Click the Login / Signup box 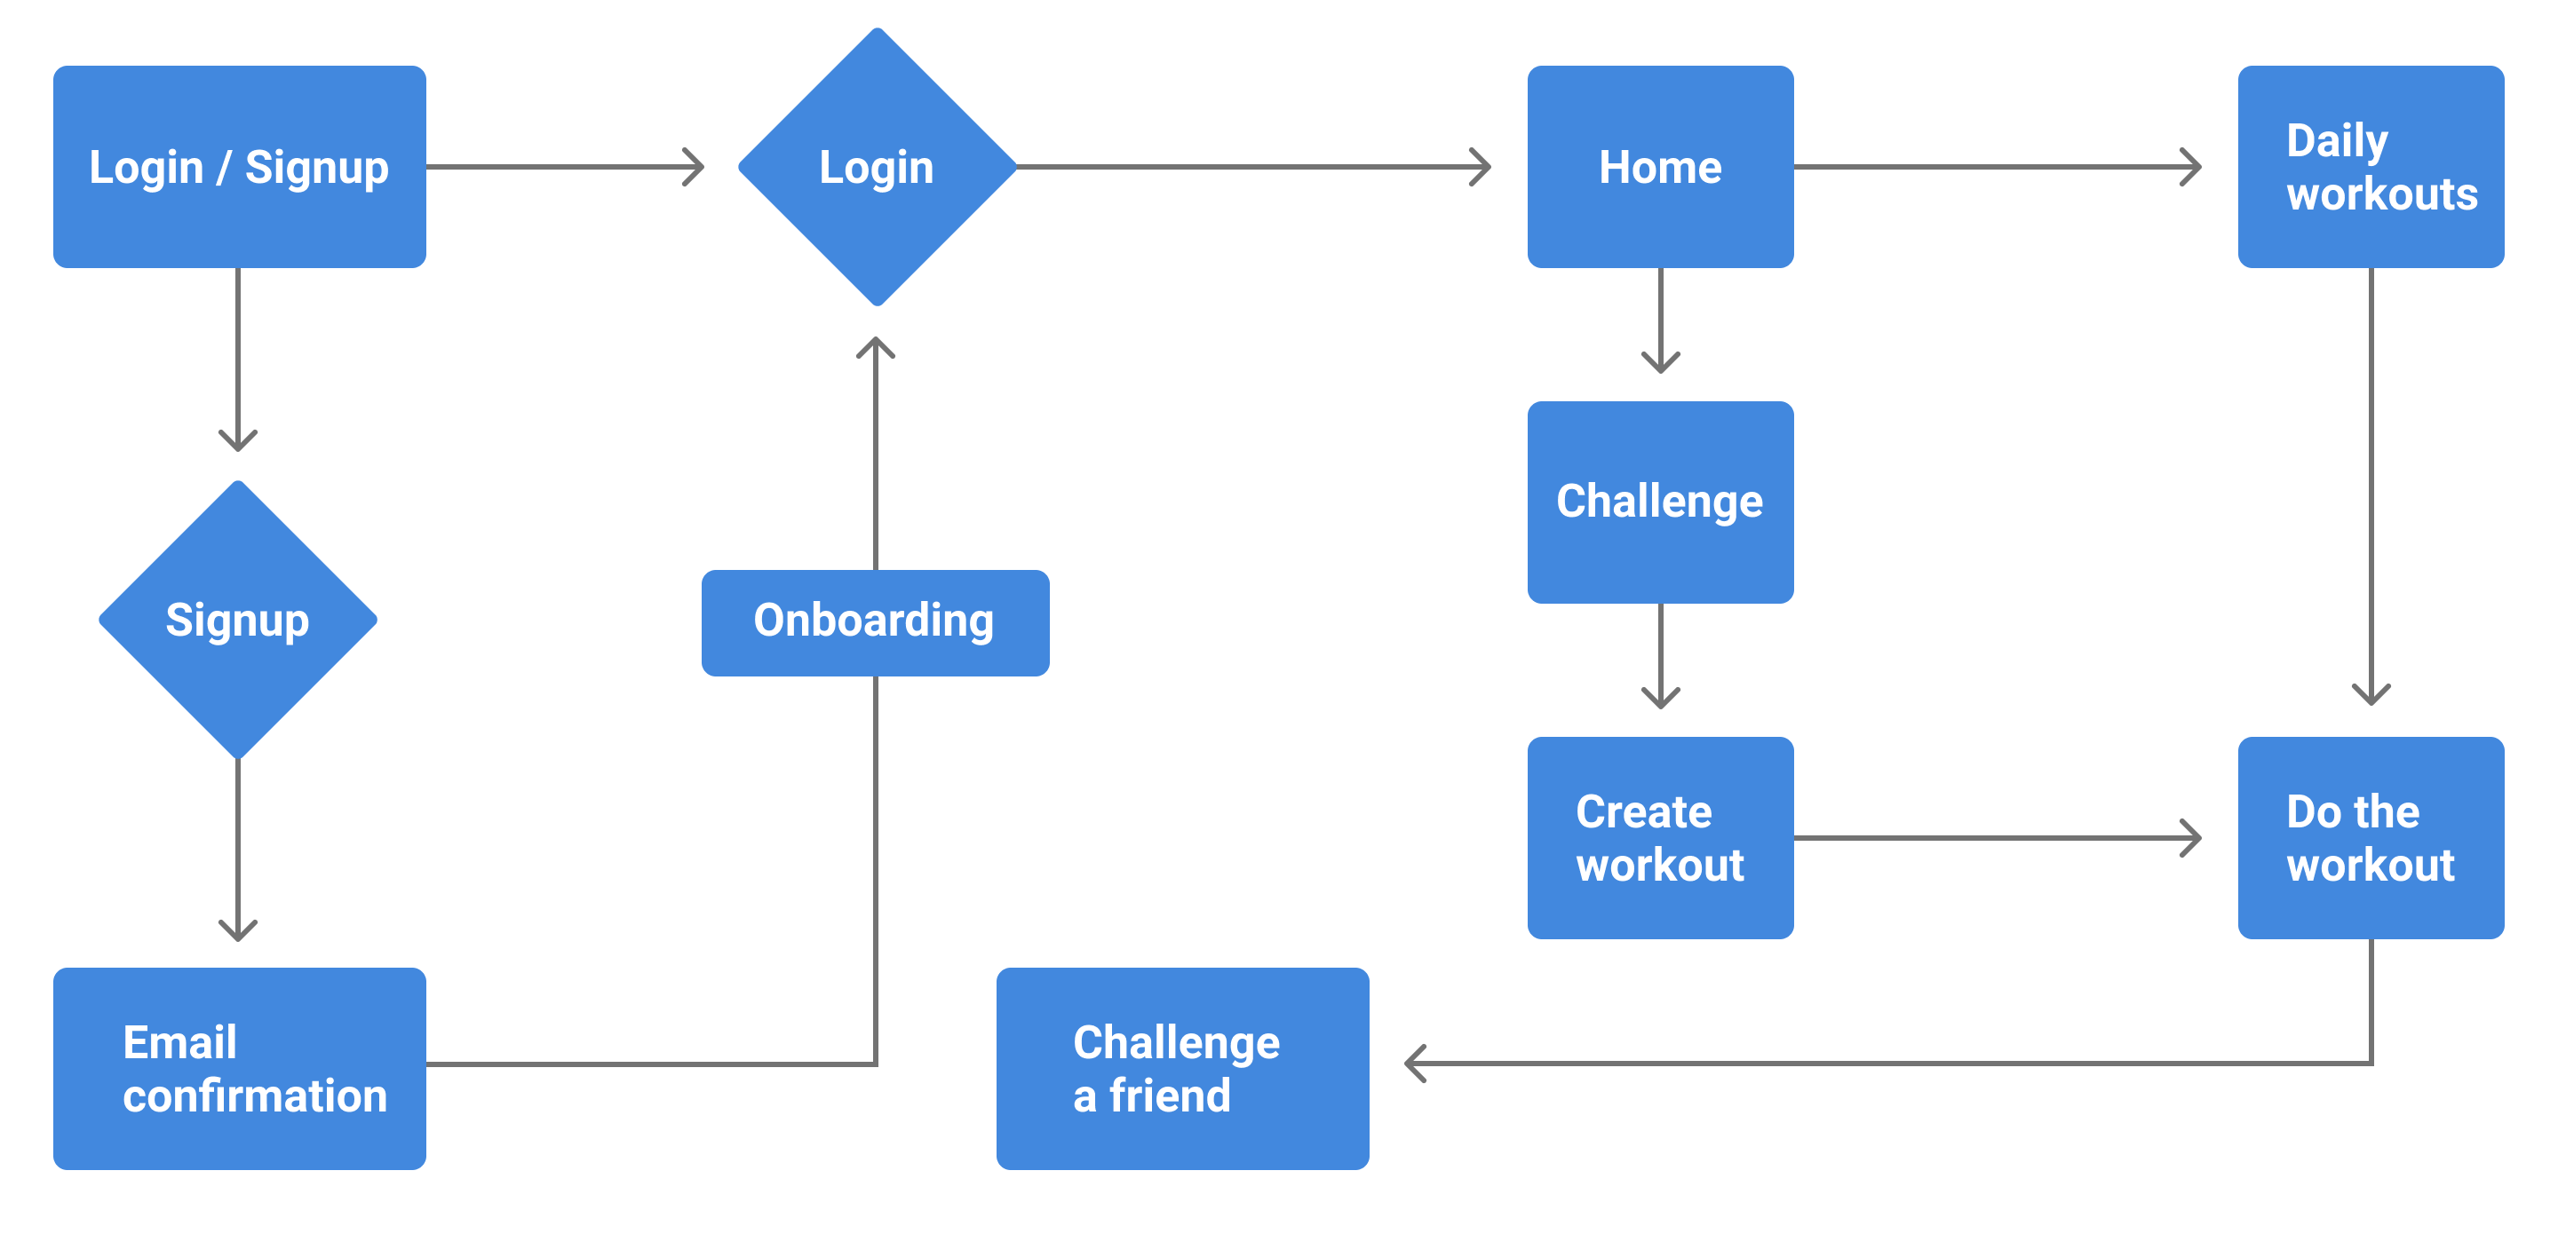point(239,167)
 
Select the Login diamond point(877,167)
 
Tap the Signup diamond point(238,620)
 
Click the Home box point(1660,167)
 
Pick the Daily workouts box point(2371,167)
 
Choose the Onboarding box point(875,622)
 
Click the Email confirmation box point(239,1068)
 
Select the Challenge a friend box point(1183,1068)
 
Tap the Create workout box point(1660,838)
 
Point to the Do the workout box point(2371,838)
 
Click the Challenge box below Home point(1660,502)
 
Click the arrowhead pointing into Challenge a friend point(1414,1064)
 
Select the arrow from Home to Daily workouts point(1997,167)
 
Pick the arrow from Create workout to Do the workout point(1997,838)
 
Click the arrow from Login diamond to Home point(1253,167)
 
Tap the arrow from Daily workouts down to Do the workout point(2371,486)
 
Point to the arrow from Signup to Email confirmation point(238,850)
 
